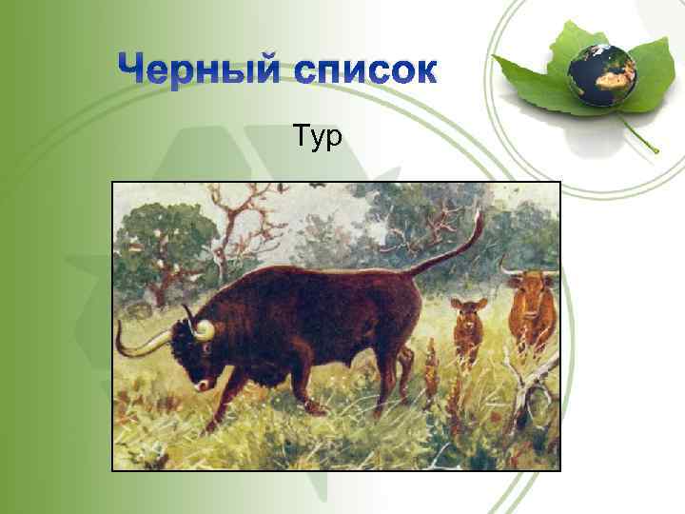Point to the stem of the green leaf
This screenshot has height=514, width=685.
tap(641, 133)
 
